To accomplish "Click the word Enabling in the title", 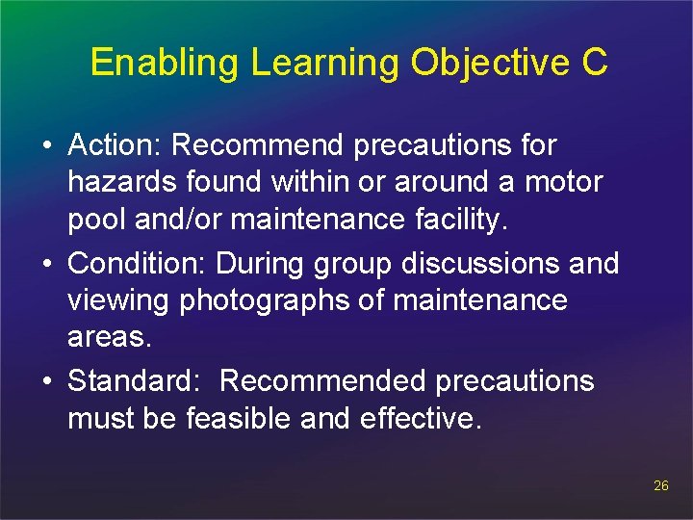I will (167, 63).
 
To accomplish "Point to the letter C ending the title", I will (595, 63).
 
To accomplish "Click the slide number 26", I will (660, 486).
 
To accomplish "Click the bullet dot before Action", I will (47, 146).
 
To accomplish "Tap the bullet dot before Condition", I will (47, 264).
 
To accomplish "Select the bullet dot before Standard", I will (47, 381).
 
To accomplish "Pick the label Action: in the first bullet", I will (115, 145).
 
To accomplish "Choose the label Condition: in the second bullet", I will (139, 263).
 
